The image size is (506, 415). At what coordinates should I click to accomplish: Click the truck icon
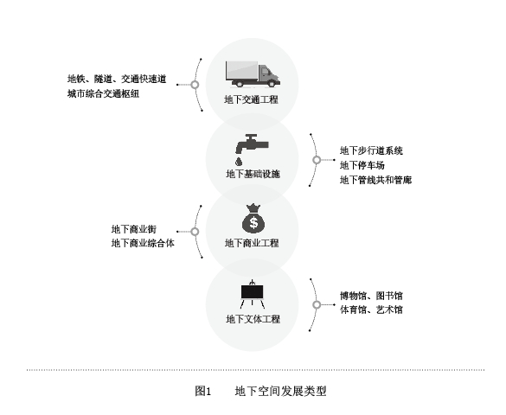[x=253, y=74]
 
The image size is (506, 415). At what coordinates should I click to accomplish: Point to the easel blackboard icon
[x=253, y=294]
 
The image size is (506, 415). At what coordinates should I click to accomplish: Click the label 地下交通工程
[x=252, y=99]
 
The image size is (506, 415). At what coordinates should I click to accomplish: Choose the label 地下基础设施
[x=253, y=174]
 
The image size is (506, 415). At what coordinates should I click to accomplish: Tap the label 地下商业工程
[x=252, y=243]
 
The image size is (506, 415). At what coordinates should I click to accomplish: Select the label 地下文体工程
[x=253, y=319]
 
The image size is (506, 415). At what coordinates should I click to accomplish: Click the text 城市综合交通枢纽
[x=103, y=94]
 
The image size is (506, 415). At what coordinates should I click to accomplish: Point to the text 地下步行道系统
[x=371, y=150]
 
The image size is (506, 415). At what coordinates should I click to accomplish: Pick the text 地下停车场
[x=362, y=165]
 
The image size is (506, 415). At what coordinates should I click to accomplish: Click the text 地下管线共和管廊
[x=375, y=180]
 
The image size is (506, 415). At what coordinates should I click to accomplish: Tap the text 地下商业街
[x=134, y=229]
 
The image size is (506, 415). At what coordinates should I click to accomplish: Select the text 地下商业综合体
[x=143, y=243]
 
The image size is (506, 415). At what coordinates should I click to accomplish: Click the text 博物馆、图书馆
[x=371, y=296]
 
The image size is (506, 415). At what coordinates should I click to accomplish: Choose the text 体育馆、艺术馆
[x=371, y=310]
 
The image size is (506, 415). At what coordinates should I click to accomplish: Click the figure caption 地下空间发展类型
[x=281, y=391]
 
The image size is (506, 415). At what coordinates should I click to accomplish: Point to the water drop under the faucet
[x=239, y=161]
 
